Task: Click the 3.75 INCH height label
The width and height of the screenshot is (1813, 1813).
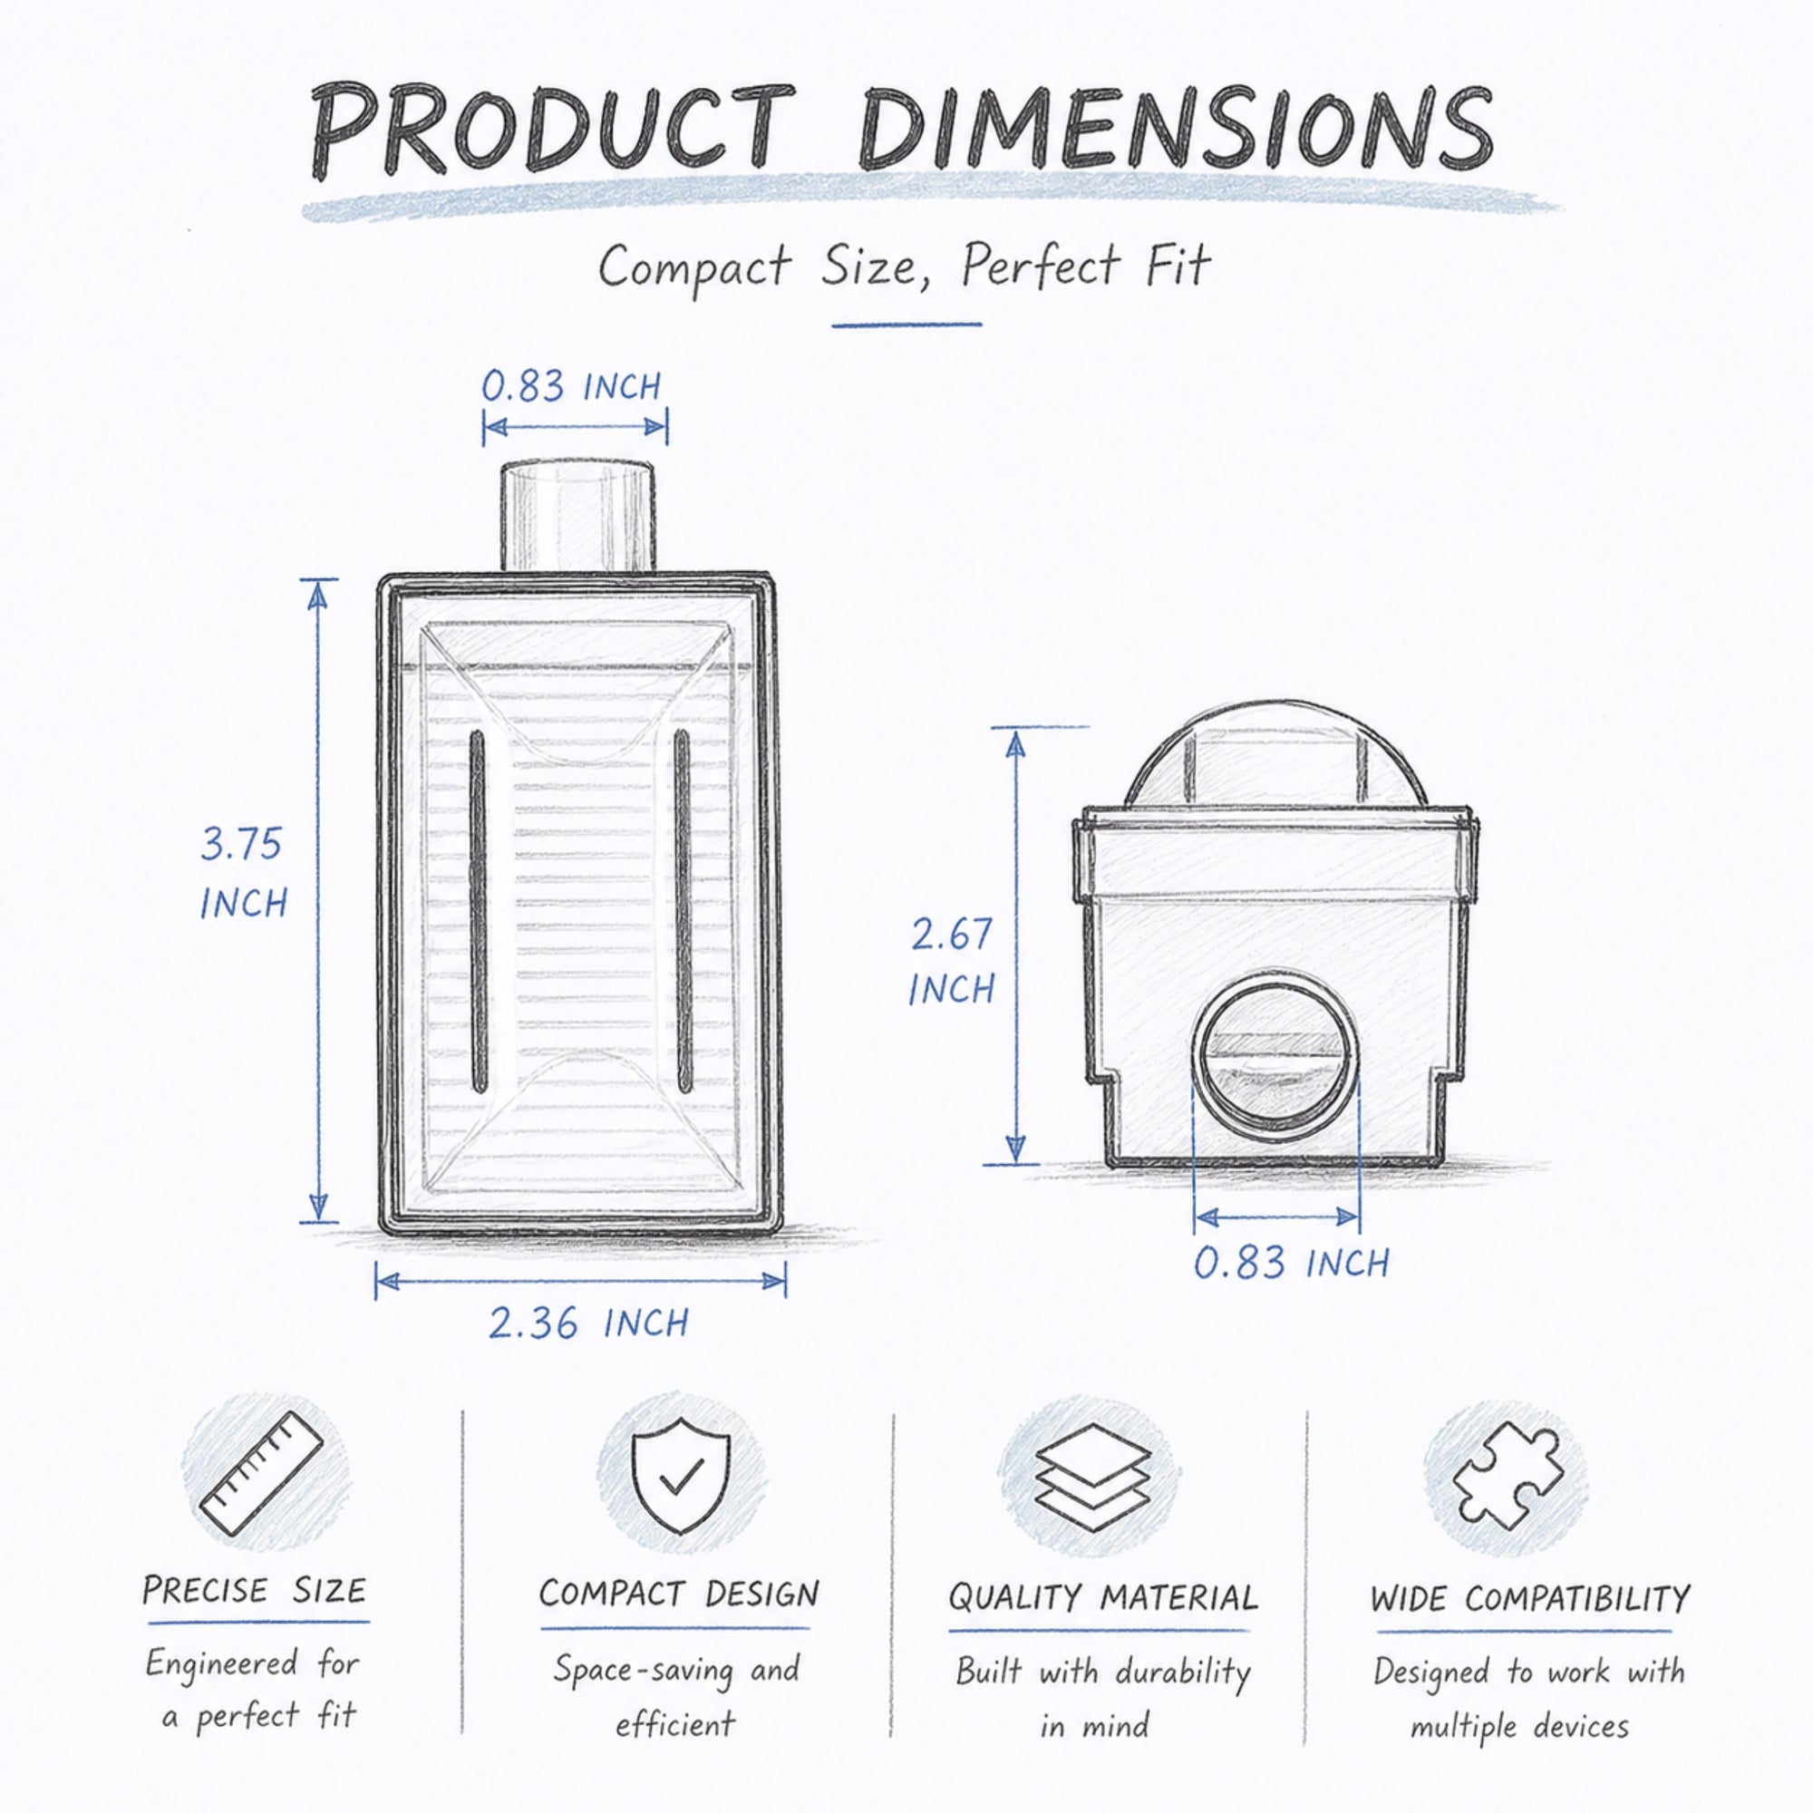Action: [242, 874]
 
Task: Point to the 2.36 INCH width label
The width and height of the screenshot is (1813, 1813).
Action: [588, 1323]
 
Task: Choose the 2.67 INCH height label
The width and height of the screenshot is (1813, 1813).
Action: [952, 962]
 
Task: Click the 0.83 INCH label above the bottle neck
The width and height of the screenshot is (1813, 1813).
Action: [571, 385]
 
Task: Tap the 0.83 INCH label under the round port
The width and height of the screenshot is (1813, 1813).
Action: [1291, 1263]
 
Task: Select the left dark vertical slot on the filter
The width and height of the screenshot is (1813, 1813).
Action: [477, 913]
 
